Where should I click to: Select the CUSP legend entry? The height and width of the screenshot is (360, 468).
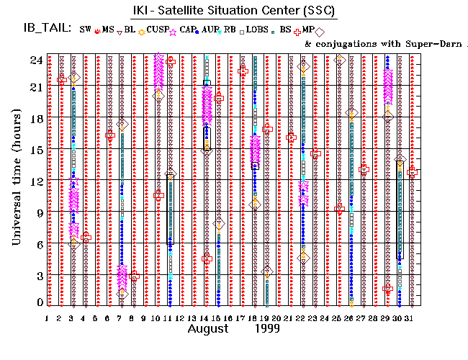point(152,30)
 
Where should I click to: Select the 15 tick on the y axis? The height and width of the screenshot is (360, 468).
point(35,150)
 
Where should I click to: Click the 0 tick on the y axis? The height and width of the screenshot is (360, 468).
point(37,303)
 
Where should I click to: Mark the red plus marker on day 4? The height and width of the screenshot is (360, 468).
point(86,238)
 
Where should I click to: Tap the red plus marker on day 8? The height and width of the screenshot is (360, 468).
point(134,276)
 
